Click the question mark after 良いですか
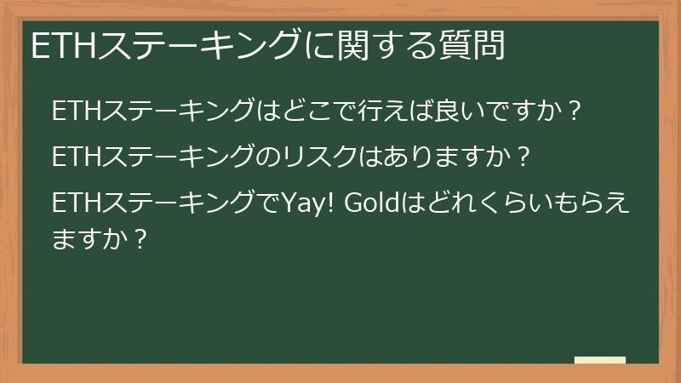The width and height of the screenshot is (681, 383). (x=574, y=111)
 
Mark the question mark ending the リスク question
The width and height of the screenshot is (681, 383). (x=524, y=158)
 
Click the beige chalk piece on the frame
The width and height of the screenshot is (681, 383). (x=599, y=360)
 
